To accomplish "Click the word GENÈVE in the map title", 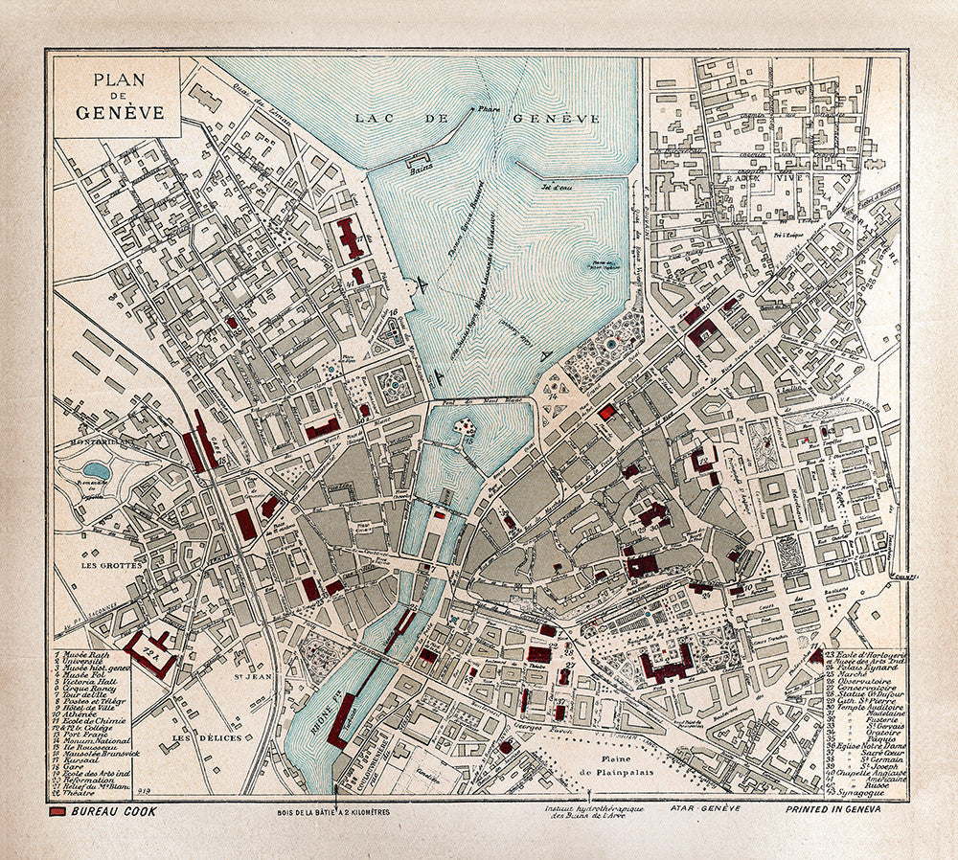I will (121, 111).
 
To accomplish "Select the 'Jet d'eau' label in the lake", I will (550, 187).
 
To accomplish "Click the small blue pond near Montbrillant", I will (96, 470).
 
